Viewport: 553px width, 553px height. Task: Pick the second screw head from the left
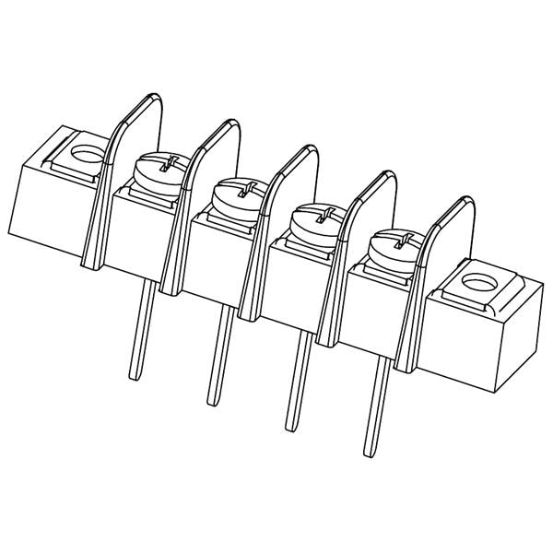237,194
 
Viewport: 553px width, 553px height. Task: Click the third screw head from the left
313,220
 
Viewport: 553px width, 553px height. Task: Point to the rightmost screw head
392,246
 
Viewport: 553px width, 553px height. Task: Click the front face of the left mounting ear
51,207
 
